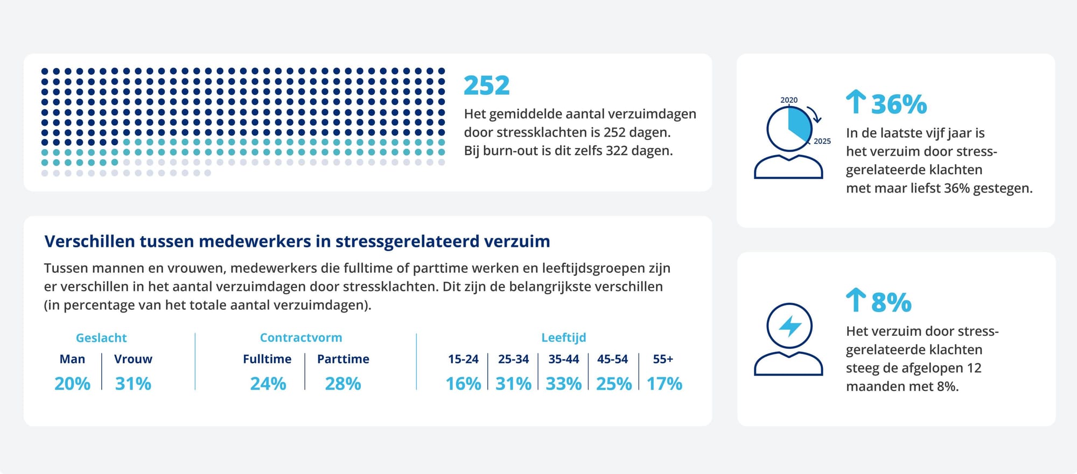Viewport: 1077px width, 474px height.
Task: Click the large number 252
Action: click(x=486, y=86)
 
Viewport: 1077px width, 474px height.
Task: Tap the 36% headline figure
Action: click(x=899, y=104)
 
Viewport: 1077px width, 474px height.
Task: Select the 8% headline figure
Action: click(x=891, y=302)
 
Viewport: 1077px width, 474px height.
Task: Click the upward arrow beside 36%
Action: click(x=855, y=102)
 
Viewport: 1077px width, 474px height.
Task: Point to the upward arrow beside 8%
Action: click(x=855, y=300)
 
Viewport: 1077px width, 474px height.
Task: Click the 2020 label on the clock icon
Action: click(x=789, y=100)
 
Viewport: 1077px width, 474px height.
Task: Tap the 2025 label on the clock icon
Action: click(x=822, y=141)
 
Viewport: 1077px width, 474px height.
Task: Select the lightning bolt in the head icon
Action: click(x=789, y=326)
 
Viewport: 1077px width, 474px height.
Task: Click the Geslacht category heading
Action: click(x=101, y=338)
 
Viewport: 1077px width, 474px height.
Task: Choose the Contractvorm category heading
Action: click(x=301, y=338)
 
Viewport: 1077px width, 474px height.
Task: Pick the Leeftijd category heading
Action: click(x=563, y=338)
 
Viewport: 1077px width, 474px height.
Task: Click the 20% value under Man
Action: click(x=72, y=384)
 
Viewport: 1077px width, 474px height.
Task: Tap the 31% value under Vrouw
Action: click(x=133, y=384)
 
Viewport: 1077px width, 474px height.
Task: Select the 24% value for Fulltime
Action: click(x=268, y=384)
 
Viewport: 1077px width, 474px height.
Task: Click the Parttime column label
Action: click(x=343, y=359)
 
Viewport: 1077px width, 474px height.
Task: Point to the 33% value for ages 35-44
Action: click(x=563, y=384)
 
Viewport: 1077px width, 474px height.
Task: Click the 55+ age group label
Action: click(x=663, y=359)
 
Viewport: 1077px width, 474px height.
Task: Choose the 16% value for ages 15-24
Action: click(x=463, y=384)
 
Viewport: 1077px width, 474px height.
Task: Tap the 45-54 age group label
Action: click(x=612, y=359)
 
